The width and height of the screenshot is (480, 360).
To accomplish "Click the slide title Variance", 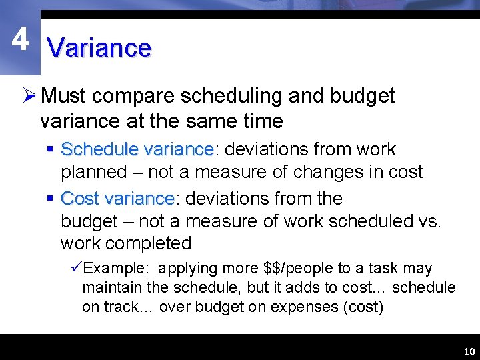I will tap(99, 48).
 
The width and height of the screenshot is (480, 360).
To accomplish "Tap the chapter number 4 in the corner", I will tap(20, 40).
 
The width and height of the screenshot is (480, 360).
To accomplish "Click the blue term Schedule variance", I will tap(137, 149).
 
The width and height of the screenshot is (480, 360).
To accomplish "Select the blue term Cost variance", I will tap(117, 199).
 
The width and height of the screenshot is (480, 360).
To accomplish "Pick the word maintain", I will tap(109, 288).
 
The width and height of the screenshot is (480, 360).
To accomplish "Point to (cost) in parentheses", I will tap(362, 307).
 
